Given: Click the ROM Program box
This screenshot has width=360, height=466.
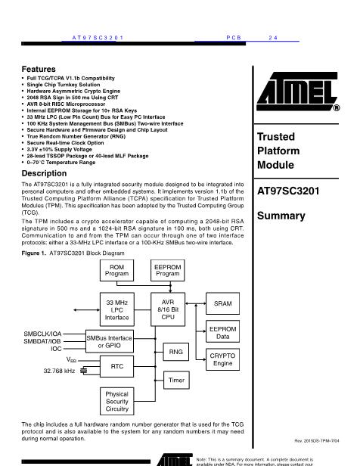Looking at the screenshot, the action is click(116, 271).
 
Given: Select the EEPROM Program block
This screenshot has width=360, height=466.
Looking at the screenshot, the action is click(168, 271).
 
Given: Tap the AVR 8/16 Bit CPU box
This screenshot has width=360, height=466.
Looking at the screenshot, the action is click(168, 309).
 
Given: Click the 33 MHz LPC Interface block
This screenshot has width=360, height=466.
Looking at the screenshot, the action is click(117, 309).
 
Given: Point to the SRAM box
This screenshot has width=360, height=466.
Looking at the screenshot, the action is click(223, 303).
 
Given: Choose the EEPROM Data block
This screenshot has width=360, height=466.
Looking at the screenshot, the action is click(223, 331).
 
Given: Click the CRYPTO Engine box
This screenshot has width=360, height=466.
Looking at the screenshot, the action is click(223, 359).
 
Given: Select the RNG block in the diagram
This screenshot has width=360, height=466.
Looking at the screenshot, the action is click(176, 352).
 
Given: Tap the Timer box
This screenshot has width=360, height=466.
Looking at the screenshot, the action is click(176, 380).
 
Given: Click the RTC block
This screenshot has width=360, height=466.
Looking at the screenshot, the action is click(116, 366).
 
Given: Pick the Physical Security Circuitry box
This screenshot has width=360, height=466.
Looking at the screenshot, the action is click(117, 401).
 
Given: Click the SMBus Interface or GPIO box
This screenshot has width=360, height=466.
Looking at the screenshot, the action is click(110, 341).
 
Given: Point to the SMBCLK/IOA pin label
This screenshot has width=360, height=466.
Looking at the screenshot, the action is click(42, 334).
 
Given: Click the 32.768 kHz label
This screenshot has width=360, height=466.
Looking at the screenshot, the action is click(59, 371).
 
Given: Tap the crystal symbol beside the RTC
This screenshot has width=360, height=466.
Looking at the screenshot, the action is click(84, 371).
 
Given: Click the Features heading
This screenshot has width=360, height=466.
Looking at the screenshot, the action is click(39, 69).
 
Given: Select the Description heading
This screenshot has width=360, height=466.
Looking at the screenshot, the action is click(44, 173).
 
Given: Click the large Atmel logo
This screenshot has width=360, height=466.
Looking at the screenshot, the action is click(298, 92).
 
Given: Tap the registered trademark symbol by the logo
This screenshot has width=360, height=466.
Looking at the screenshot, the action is click(337, 108).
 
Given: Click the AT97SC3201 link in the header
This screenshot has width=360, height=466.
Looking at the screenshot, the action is click(98, 38).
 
